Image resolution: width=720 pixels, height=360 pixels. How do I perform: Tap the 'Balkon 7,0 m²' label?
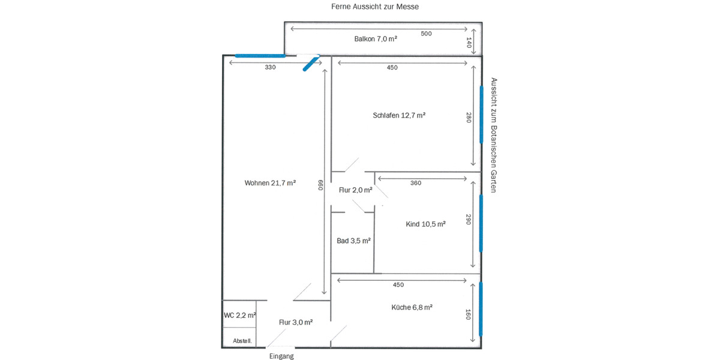pyautogui.click(x=376, y=38)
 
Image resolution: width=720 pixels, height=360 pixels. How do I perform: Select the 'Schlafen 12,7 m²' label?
pyautogui.click(x=399, y=115)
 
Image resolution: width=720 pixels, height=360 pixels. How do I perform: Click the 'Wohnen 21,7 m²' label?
pyautogui.click(x=270, y=183)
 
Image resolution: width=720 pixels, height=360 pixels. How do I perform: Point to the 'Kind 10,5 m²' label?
pyautogui.click(x=425, y=224)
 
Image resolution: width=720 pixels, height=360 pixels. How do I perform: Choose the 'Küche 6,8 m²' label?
pyautogui.click(x=412, y=307)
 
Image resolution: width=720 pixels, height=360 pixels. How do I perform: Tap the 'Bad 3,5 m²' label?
pyautogui.click(x=353, y=241)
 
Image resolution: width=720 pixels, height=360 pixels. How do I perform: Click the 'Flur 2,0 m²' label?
pyautogui.click(x=355, y=190)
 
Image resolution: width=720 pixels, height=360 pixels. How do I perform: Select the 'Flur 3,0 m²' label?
pyautogui.click(x=296, y=322)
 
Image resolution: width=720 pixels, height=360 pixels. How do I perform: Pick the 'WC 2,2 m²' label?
pyautogui.click(x=240, y=315)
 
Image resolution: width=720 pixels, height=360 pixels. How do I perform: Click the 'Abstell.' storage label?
pyautogui.click(x=242, y=341)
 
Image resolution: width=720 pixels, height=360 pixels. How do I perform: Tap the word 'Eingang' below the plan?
pyautogui.click(x=281, y=356)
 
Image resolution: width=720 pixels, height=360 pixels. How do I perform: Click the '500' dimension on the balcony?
pyautogui.click(x=426, y=34)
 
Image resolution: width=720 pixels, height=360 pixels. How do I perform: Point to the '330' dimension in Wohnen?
pyautogui.click(x=270, y=68)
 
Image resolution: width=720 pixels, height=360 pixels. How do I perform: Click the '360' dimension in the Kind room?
pyautogui.click(x=415, y=183)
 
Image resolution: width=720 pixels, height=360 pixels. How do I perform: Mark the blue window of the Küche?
pyautogui.click(x=481, y=310)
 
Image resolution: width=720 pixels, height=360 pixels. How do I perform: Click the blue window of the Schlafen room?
pyautogui.click(x=481, y=114)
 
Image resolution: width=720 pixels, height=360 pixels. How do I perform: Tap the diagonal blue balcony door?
pyautogui.click(x=311, y=62)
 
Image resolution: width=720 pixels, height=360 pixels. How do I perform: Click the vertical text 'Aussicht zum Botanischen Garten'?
pyautogui.click(x=494, y=135)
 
